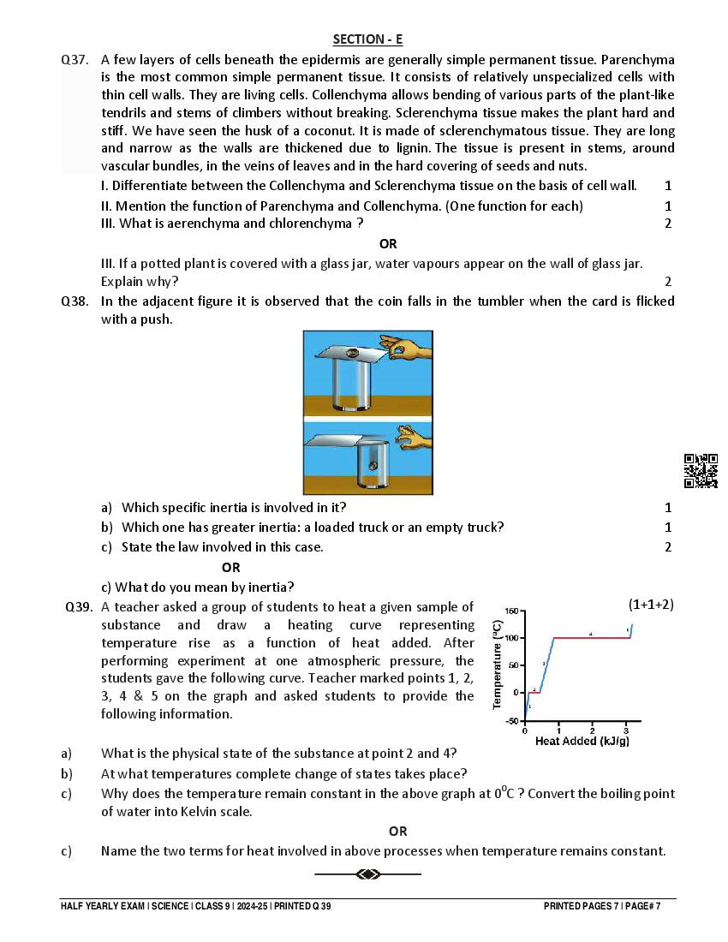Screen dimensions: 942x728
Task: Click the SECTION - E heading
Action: (367, 39)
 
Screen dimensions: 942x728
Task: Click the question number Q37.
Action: (75, 60)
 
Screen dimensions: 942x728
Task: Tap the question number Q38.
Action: (75, 301)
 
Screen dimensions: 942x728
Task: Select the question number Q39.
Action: (79, 606)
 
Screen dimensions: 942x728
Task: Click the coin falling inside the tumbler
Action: (373, 465)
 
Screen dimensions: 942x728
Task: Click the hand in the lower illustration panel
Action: (413, 438)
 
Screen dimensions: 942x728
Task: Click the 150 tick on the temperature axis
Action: (511, 611)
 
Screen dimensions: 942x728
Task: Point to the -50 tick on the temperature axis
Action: (511, 721)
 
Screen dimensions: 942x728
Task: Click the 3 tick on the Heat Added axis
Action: (626, 730)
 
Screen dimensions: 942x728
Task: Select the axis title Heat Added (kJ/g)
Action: (582, 742)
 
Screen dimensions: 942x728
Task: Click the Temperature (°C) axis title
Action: (497, 665)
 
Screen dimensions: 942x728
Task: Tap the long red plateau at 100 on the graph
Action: (591, 637)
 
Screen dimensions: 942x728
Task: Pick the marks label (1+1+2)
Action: (651, 605)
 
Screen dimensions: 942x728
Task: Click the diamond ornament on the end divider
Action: (368, 874)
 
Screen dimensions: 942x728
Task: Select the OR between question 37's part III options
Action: (388, 244)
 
